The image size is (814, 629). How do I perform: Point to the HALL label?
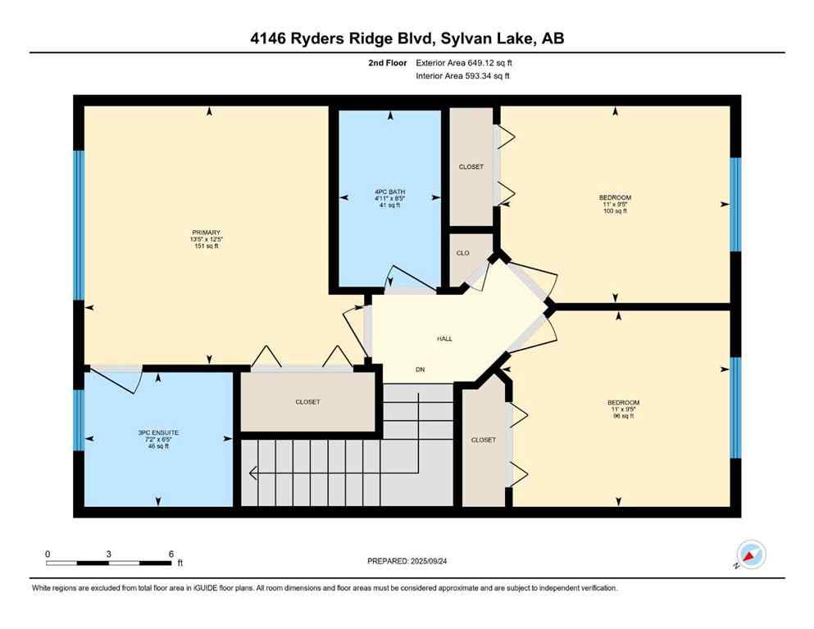point(444,338)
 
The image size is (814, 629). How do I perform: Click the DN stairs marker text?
point(421,370)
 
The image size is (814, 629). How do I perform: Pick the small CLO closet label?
point(462,253)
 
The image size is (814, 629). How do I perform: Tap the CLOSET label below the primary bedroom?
point(307,402)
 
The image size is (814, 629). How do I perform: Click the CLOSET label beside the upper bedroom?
point(471,167)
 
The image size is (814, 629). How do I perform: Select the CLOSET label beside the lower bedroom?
point(483,440)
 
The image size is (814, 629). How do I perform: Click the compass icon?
point(750,554)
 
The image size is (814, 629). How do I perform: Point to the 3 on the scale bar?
point(109,554)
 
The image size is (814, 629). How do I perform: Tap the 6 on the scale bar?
point(171,554)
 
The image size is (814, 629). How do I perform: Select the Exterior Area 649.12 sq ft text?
point(464,62)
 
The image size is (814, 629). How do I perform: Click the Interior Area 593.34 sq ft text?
point(464,76)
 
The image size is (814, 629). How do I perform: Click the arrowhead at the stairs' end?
point(252,472)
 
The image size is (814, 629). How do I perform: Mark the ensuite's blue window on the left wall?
point(79,420)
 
